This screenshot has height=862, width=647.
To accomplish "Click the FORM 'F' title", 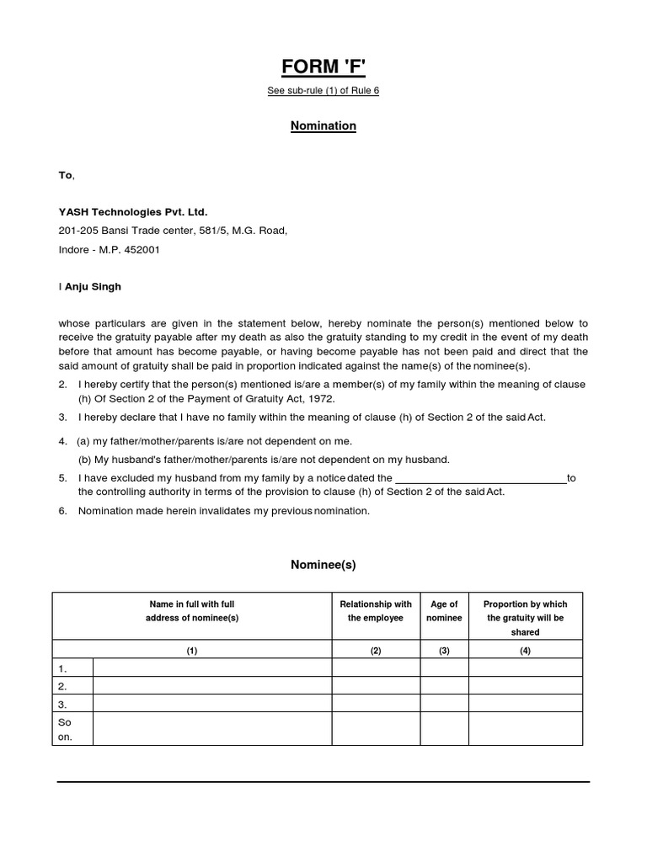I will point(323,67).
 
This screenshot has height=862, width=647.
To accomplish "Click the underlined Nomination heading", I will point(323,125).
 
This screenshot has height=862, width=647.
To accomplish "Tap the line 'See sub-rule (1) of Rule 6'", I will point(323,91).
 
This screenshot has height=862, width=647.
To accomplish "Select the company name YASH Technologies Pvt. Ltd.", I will point(133,211).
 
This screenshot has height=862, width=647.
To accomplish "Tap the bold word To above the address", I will point(65,175).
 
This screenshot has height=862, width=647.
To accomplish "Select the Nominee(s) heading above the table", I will point(323,565).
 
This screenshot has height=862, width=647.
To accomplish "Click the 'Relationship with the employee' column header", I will point(376,611).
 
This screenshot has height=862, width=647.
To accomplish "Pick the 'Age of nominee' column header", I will point(444,611).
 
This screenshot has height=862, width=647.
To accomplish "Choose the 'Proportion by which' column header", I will point(525,604).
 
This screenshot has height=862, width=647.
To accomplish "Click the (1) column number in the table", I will point(192,651).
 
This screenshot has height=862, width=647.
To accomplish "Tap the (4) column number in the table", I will point(525,651).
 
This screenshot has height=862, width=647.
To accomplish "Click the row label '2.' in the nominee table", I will point(63,686).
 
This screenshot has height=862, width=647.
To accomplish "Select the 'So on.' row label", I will point(66,729).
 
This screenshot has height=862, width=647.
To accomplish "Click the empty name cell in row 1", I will point(211,668).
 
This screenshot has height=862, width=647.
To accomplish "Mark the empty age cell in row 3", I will point(444,704).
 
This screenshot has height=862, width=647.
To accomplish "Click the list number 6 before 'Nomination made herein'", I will point(62,511).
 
